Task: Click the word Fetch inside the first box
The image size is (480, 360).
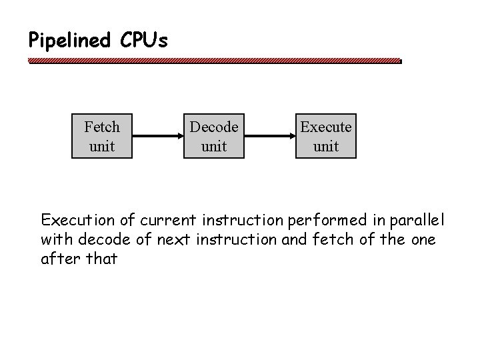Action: click(102, 127)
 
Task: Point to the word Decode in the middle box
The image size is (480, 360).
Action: click(214, 127)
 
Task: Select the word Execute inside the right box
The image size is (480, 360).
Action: click(326, 127)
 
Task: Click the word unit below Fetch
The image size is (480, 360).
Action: click(102, 146)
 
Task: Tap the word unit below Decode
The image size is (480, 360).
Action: click(214, 146)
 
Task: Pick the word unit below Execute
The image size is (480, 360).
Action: click(326, 146)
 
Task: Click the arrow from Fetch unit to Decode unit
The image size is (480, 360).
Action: click(158, 137)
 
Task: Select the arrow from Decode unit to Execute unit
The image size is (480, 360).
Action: click(270, 137)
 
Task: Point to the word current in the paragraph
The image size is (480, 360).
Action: click(155, 219)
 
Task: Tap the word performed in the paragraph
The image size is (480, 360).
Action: click(315, 219)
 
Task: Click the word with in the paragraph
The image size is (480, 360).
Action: click(55, 239)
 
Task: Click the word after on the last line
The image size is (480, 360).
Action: click(57, 259)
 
